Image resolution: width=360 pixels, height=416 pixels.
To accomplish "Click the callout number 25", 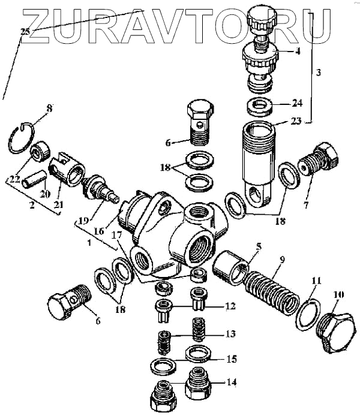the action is point(25,31).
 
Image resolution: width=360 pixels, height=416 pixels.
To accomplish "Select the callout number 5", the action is point(258,246).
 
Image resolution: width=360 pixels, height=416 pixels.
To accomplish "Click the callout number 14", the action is point(232,382).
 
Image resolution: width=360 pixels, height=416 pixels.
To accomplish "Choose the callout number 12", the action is point(231,306).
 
